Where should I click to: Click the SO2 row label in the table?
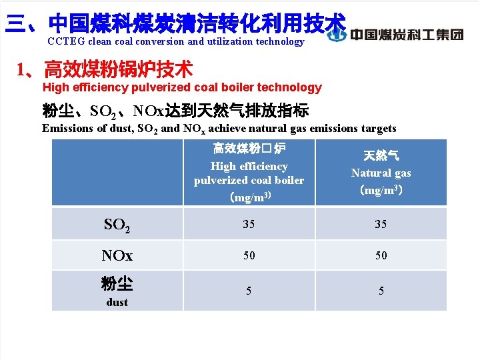pos(117,225)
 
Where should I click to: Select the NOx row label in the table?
pos(117,256)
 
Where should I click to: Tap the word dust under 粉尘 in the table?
pos(117,302)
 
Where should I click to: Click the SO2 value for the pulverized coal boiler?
pos(249,224)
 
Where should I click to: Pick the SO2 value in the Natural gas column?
pos(381,224)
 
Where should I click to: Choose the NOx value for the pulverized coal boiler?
pos(249,255)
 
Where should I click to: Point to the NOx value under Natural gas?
pos(381,255)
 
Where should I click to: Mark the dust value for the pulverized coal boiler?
pos(249,290)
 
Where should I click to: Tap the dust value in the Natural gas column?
pos(381,290)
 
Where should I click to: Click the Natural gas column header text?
pos(381,173)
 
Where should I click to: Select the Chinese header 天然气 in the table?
pos(381,155)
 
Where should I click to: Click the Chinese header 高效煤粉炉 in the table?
pos(249,148)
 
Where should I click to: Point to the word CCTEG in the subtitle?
pos(65,41)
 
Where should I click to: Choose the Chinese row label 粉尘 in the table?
pos(117,284)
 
